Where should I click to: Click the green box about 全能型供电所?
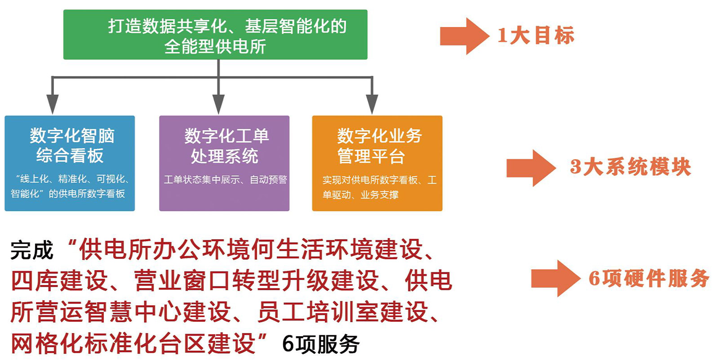click(215, 35)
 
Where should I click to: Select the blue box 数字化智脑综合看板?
click(70, 163)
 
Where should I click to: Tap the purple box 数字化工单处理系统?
click(224, 163)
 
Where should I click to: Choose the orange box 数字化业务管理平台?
click(377, 163)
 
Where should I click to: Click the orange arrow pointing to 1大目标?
click(465, 36)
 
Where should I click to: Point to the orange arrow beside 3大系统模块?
click(531, 168)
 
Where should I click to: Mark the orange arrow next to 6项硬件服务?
click(555, 279)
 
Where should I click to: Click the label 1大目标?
click(536, 36)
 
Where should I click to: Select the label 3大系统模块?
click(630, 167)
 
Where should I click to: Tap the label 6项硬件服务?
click(648, 278)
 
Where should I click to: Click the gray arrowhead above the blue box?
click(52, 104)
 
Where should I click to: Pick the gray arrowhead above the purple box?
click(218, 104)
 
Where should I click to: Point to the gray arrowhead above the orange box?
click(372, 104)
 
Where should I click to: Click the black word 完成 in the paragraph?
click(32, 250)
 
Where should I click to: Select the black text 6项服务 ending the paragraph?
click(321, 344)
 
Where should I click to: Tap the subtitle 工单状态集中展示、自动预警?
click(225, 179)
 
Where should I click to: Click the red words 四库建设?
click(59, 281)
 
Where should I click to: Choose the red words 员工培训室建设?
click(343, 312)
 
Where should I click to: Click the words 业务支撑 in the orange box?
click(379, 195)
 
